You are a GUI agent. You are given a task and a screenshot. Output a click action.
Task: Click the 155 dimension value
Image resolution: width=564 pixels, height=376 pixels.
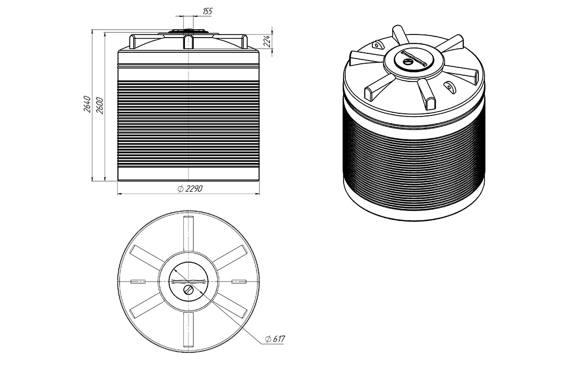point(207,11)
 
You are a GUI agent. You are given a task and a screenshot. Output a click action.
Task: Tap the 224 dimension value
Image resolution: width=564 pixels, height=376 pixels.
point(267,41)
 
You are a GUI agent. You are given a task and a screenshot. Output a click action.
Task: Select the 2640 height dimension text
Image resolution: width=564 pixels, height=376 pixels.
point(87,104)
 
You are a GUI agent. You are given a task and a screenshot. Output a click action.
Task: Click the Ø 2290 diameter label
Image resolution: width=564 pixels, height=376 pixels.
point(190,189)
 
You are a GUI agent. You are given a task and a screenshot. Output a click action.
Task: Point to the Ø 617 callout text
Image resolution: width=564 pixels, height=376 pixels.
point(275,338)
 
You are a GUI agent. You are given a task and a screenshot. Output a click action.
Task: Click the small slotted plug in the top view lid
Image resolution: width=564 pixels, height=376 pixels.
point(189,290)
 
